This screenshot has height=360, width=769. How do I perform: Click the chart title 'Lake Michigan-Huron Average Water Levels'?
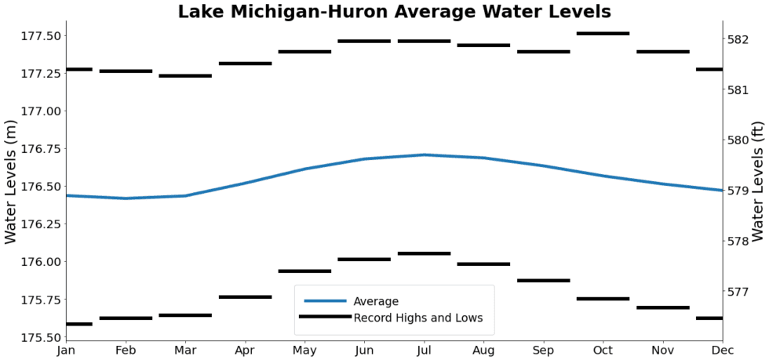[394, 12]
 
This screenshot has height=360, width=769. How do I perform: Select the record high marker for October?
[603, 34]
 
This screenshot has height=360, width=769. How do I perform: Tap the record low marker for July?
[424, 253]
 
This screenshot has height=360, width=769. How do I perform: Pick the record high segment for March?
[185, 76]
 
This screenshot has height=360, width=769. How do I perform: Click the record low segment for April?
[245, 297]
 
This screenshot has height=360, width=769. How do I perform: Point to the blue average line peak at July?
[424, 155]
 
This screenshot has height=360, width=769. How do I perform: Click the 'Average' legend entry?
[376, 301]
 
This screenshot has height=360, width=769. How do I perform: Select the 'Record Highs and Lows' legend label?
[417, 318]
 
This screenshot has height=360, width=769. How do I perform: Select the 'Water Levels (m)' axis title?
[11, 182]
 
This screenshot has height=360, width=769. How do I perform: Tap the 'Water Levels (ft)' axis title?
[757, 182]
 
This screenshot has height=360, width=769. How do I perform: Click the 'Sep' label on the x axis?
[543, 351]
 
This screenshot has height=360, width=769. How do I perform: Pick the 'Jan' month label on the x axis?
[66, 351]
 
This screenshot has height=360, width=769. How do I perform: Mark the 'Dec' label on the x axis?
[722, 351]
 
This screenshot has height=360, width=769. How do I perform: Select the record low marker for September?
[543, 280]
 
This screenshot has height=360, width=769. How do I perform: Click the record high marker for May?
[304, 52]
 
